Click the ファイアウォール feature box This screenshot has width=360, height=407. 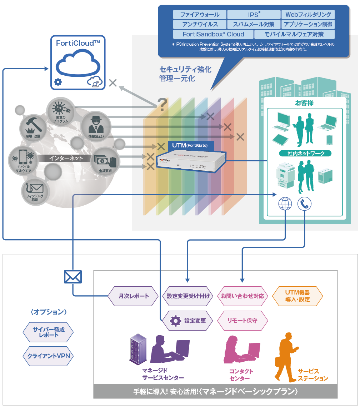[200, 15]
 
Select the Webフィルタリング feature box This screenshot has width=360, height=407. [308, 15]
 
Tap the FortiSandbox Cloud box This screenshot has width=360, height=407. [213, 34]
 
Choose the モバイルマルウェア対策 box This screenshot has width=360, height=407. [294, 34]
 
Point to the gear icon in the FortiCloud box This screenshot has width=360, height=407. [57, 82]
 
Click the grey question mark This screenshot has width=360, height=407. [162, 104]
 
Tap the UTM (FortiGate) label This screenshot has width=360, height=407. [190, 145]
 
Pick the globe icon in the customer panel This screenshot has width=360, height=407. [285, 204]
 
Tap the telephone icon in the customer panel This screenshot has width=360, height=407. [304, 204]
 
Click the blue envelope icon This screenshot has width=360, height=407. [73, 276]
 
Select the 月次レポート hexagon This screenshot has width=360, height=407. [133, 296]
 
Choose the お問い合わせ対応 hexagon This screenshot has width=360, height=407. [242, 296]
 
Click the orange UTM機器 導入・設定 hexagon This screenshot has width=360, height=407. [297, 296]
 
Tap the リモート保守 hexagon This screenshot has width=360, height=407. [242, 320]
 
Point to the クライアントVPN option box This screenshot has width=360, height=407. [48, 356]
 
